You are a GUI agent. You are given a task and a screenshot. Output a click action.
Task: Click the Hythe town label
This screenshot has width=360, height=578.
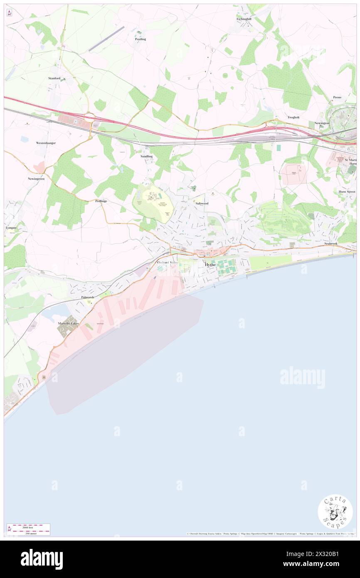[x=210, y=264]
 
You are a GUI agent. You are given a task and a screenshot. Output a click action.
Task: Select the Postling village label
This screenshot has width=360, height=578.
[x=141, y=39]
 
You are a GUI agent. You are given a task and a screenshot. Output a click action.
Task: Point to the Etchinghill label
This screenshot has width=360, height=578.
[x=244, y=19]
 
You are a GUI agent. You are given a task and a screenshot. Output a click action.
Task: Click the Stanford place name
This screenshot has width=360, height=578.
[x=54, y=78]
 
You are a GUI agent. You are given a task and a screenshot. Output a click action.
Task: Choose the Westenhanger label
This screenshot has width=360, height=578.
[x=46, y=143]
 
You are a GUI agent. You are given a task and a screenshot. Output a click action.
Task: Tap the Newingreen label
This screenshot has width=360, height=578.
[x=36, y=178]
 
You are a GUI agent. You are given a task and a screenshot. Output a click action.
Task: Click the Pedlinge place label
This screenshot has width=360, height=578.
[x=101, y=201]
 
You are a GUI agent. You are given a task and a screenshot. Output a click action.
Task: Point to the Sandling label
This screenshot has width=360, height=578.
[x=146, y=156]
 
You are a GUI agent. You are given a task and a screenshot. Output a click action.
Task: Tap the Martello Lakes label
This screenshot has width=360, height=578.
[x=68, y=323]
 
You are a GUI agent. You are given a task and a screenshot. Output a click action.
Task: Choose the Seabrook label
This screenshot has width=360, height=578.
[x=333, y=243]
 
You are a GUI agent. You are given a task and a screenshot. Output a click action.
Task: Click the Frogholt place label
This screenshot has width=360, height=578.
[x=293, y=117]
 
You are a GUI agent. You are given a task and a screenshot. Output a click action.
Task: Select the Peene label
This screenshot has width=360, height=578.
[x=337, y=97]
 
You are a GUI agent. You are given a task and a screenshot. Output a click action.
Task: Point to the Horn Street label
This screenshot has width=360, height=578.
[x=347, y=191]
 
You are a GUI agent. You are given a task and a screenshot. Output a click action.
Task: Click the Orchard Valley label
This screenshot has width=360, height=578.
[x=167, y=263]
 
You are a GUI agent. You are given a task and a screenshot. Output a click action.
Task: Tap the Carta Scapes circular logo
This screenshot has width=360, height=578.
[x=335, y=511]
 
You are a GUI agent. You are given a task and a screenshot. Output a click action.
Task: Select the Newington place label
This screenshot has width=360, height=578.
[x=322, y=123]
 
